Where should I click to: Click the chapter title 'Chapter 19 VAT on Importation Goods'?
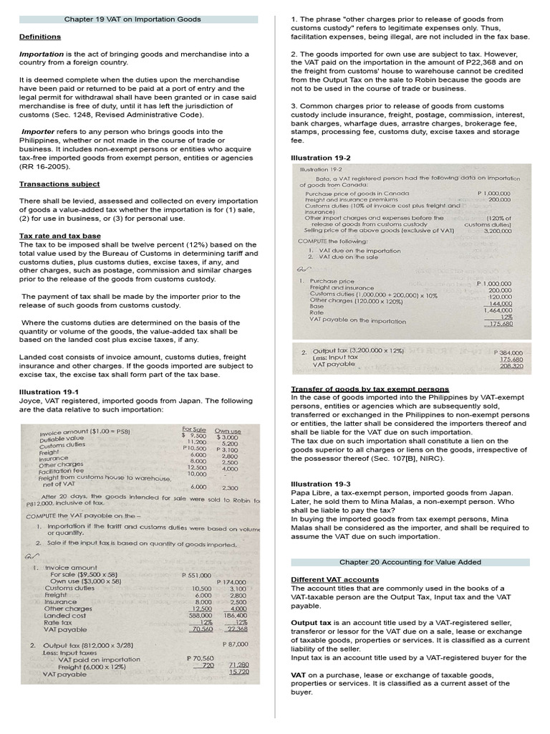coord(132,19)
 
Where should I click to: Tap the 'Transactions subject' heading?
coord(59,184)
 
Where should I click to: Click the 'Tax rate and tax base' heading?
coord(59,236)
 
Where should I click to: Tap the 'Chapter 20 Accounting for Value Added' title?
coord(410,563)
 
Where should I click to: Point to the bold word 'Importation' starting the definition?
coord(42,54)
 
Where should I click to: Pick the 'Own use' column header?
coord(228,431)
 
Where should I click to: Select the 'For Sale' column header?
coord(194,429)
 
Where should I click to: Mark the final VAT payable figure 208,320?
coord(511,366)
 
